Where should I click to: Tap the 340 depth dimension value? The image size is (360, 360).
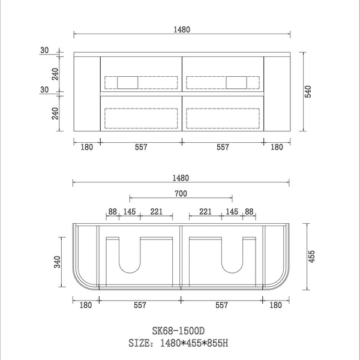56,263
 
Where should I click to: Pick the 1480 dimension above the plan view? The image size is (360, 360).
181,178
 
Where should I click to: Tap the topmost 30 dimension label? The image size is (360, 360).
44,50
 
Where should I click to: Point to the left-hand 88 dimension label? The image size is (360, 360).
112,212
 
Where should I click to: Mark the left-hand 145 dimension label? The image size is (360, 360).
130,212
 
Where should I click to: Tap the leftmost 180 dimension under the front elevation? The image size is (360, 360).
86,147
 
